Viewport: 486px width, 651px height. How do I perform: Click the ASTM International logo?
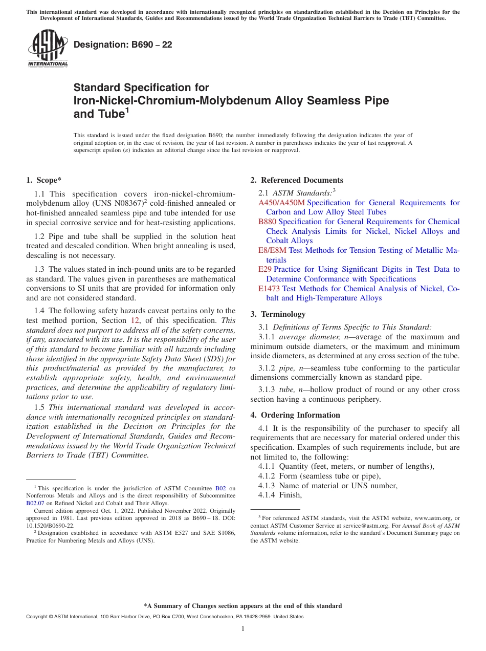tap(48, 48)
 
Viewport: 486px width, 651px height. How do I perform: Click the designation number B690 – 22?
tap(123, 45)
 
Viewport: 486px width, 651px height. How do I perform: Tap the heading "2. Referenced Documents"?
tap(297, 180)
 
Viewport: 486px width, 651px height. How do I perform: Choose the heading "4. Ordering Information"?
tap(295, 415)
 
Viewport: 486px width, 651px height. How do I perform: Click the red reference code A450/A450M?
tap(281, 203)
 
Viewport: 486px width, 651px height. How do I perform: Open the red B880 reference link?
tap(267, 222)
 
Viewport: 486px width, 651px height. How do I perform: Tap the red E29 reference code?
tap(264, 269)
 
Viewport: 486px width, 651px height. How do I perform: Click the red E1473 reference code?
tap(269, 289)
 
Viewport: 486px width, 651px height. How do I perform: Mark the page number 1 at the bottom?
tap(243, 629)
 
